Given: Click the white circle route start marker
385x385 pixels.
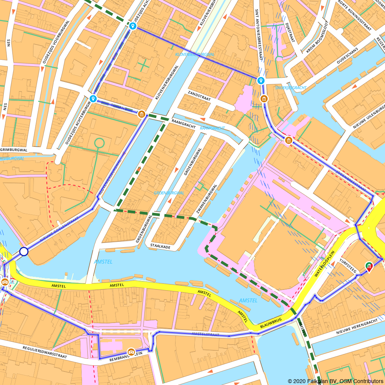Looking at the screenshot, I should tap(24, 252).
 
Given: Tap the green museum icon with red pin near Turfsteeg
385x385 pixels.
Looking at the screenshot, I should tap(369, 266).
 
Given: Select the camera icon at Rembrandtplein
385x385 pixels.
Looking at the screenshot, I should tap(131, 352).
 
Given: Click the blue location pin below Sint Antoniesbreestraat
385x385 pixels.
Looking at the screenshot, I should tap(261, 80).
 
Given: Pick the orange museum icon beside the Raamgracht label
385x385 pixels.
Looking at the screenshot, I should tap(142, 114).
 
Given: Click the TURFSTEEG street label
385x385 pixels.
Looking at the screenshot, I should tap(348, 266).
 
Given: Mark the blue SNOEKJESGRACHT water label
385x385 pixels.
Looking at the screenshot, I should tap(291, 88).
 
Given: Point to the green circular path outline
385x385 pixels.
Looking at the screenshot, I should tap(99, 143).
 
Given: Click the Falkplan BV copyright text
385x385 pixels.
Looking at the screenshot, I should tap(335, 381).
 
